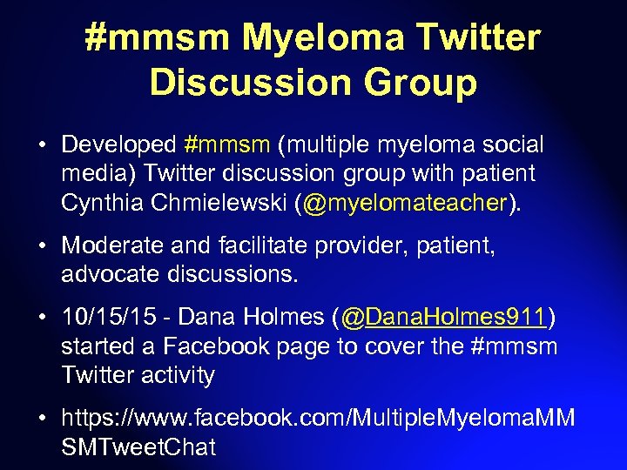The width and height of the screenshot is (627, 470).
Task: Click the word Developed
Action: click(118, 144)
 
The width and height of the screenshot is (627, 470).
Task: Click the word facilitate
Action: click(250, 246)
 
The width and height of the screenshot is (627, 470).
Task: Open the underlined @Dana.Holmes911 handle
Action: click(443, 318)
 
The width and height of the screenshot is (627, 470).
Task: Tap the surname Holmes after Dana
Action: click(289, 318)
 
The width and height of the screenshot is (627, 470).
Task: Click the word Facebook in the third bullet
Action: click(212, 346)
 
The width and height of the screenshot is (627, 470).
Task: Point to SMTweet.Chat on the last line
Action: click(138, 448)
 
